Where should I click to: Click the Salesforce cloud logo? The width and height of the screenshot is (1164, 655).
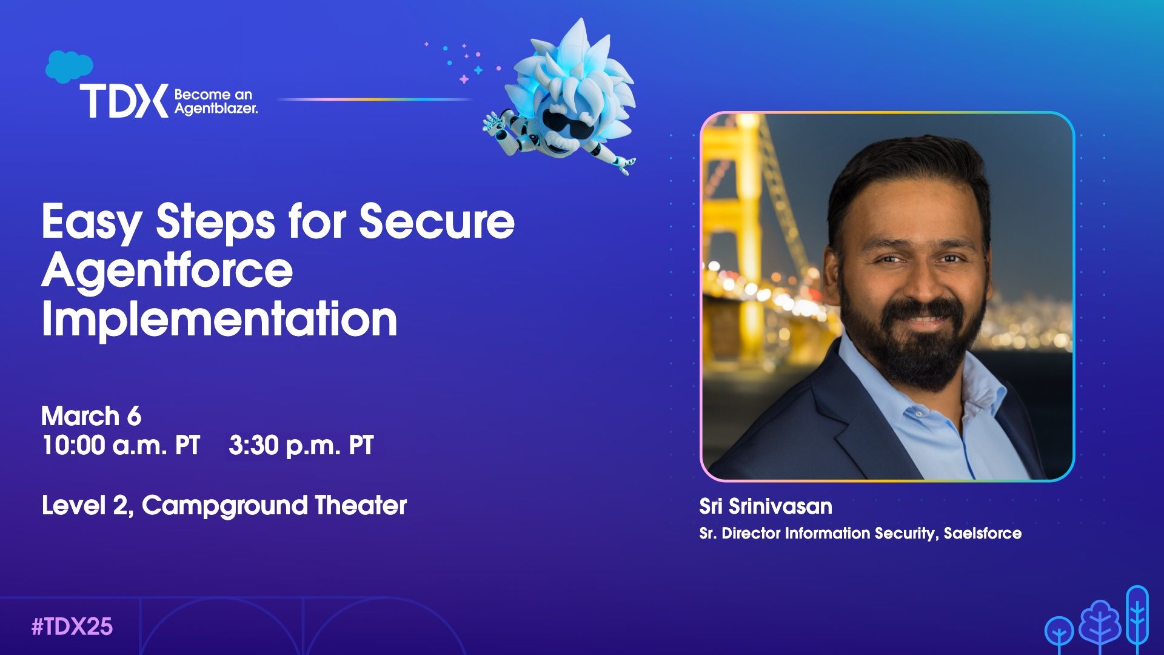pyautogui.click(x=69, y=66)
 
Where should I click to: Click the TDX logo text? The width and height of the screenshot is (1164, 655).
pyautogui.click(x=124, y=101)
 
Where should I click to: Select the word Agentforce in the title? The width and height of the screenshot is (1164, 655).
pyautogui.click(x=167, y=270)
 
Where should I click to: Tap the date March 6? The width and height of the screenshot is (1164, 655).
pyautogui.click(x=91, y=416)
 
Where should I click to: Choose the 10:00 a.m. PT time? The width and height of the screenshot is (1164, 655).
pyautogui.click(x=121, y=445)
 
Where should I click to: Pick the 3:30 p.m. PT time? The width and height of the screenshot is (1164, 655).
pyautogui.click(x=301, y=445)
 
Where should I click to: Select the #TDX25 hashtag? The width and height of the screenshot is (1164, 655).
pyautogui.click(x=72, y=626)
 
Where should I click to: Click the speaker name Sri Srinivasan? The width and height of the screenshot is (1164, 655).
pyautogui.click(x=766, y=506)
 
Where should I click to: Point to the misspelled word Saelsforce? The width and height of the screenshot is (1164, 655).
pyautogui.click(x=983, y=533)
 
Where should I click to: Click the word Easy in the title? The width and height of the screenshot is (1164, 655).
pyautogui.click(x=92, y=223)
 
